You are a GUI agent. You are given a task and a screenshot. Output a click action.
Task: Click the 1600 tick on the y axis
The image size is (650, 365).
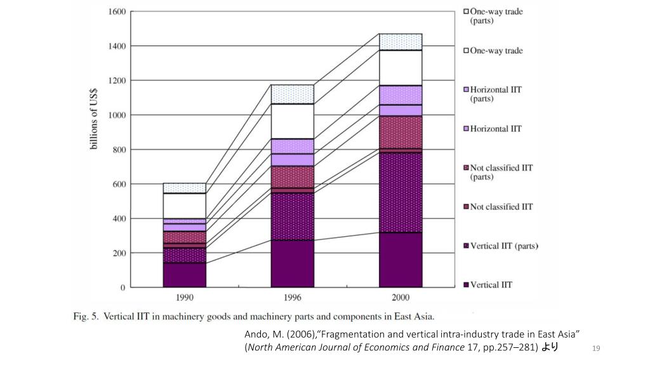pyautogui.click(x=117, y=12)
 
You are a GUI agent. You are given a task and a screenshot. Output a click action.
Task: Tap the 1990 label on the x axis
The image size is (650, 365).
pyautogui.click(x=185, y=297)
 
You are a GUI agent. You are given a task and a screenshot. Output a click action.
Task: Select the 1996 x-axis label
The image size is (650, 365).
pyautogui.click(x=293, y=297)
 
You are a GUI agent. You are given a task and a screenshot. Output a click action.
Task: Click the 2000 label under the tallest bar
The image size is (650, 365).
pyautogui.click(x=401, y=297)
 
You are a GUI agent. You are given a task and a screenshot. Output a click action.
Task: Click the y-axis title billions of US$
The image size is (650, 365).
pyautogui.click(x=94, y=120)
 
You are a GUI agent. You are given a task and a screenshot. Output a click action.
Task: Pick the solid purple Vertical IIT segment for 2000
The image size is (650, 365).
pyautogui.click(x=401, y=260)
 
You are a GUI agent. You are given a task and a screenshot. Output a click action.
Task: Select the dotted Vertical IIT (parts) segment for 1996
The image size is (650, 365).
pyautogui.click(x=293, y=216)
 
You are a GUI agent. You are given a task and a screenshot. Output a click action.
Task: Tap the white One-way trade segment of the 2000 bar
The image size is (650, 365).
pyautogui.click(x=401, y=67)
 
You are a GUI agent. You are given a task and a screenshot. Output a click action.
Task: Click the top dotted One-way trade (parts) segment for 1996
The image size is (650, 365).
pyautogui.click(x=293, y=94)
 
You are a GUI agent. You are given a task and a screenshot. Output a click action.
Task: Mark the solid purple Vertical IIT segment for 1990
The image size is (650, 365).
pyautogui.click(x=185, y=275)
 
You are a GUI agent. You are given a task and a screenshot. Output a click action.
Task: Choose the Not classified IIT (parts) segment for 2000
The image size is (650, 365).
pyautogui.click(x=401, y=132)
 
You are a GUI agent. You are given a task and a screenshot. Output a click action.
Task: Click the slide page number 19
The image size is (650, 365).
pyautogui.click(x=595, y=348)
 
